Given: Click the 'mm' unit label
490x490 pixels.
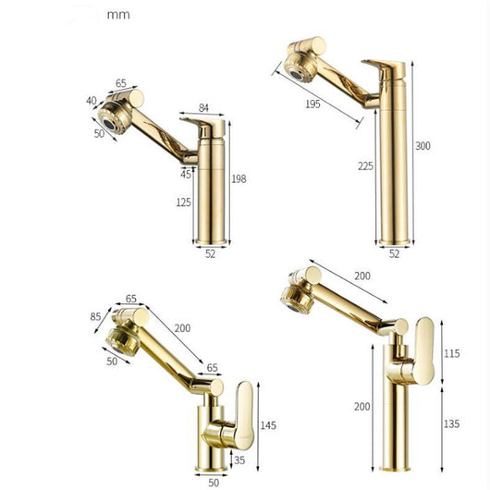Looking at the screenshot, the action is click(118, 15).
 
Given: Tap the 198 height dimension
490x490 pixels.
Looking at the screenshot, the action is click(239, 178).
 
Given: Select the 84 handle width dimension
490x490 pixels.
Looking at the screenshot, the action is click(203, 108).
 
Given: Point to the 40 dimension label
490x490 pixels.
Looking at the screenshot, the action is click(92, 101).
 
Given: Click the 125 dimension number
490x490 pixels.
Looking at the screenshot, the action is click(183, 202).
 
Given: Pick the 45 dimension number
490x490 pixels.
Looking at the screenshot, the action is click(185, 174).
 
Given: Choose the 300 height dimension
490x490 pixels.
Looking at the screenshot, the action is click(423, 146).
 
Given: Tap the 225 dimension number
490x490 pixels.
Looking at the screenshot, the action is click(365, 165).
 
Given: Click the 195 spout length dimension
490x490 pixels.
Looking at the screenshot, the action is click(312, 104).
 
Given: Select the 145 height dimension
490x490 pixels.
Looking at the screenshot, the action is click(268, 425).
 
